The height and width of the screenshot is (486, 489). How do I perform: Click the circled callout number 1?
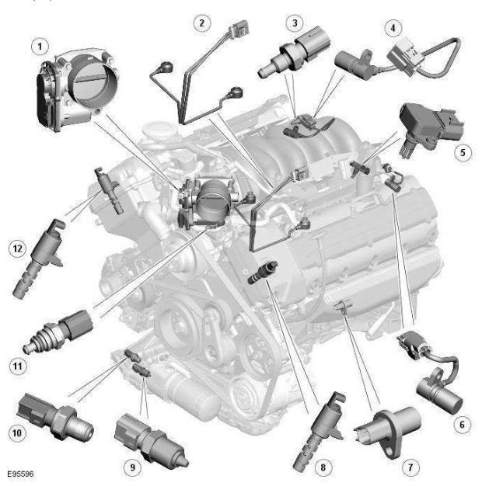click(40, 47)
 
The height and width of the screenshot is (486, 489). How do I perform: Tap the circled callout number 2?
click(202, 23)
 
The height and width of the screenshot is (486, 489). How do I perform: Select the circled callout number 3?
click(295, 23)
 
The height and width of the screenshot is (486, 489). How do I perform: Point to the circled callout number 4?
click(393, 28)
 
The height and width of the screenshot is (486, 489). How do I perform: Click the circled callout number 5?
click(463, 153)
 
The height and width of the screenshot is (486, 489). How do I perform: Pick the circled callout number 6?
click(462, 425)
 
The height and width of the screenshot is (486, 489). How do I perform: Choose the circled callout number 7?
click(410, 467)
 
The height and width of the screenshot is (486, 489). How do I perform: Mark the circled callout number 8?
click(323, 467)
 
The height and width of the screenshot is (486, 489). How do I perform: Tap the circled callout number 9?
click(132, 467)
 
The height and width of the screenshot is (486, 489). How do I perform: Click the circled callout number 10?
click(17, 432)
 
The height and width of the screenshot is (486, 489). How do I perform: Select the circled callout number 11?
click(17, 366)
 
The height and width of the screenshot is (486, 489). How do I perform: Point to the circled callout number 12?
click(17, 248)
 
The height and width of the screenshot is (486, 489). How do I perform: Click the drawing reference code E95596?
click(20, 474)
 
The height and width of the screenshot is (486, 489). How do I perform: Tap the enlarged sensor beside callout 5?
click(431, 129)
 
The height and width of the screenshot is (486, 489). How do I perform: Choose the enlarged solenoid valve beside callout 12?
click(39, 259)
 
